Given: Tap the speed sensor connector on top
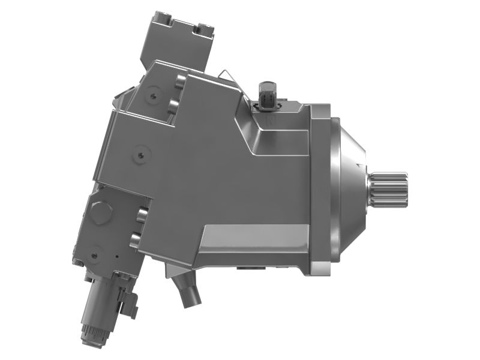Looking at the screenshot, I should [268, 94].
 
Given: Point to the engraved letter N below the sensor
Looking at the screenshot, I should [271, 121].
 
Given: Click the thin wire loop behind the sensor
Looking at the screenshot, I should [225, 74].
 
